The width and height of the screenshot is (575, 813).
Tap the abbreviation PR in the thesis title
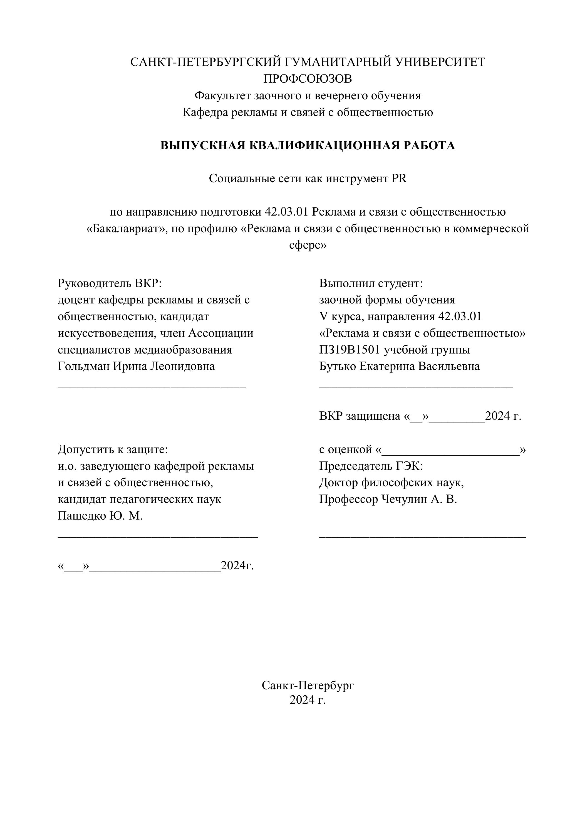point(399,179)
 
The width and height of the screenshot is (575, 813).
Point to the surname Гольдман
point(84,366)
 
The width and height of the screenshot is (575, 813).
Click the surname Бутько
point(338,366)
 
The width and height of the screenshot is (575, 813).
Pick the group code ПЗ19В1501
point(350,350)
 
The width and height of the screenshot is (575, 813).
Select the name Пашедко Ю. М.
point(100,516)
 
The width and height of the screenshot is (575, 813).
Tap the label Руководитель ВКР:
point(109,283)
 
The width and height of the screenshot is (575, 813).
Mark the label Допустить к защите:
point(113,449)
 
